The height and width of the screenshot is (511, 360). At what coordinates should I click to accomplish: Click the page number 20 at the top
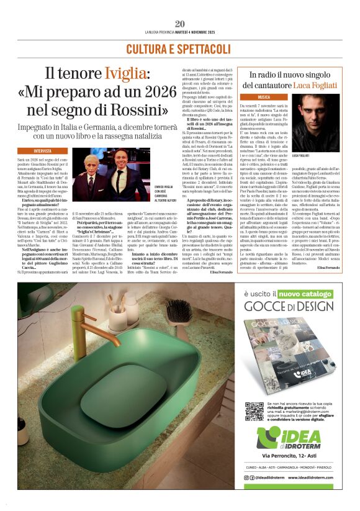pyautogui.click(x=179, y=23)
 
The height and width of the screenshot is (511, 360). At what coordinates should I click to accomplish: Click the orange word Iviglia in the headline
pyautogui.click(x=128, y=75)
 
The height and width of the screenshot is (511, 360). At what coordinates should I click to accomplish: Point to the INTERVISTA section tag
pyautogui.click(x=43, y=151)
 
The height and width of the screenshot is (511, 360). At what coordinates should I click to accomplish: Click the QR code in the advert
pyautogui.click(x=254, y=412)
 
